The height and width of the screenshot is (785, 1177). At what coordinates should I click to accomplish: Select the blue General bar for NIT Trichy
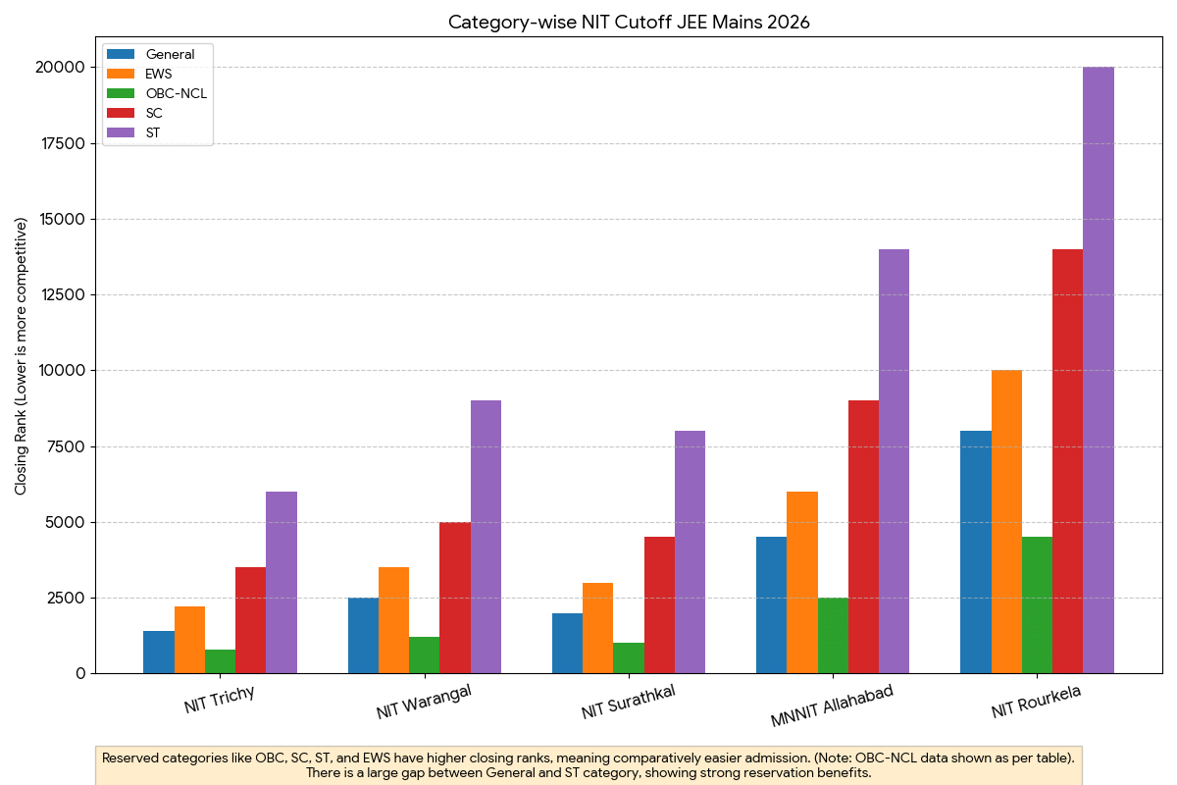pos(159,652)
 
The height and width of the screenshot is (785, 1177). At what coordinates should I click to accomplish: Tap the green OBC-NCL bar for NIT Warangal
pos(424,654)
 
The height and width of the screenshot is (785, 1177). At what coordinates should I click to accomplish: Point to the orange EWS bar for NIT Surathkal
pos(597,628)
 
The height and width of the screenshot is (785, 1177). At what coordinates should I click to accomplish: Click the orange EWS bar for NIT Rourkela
pos(1006,521)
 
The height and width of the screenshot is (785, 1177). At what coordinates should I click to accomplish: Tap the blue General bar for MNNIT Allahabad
pos(771,604)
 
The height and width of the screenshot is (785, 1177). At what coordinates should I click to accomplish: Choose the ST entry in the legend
pos(153,132)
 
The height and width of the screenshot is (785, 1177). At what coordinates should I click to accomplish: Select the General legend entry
pos(169,54)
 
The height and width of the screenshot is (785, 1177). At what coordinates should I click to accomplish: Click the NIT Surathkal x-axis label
pos(628,703)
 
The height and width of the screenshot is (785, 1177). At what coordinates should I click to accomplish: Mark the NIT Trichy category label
pos(220,700)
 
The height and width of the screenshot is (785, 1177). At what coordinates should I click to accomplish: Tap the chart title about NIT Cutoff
pos(629,22)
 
